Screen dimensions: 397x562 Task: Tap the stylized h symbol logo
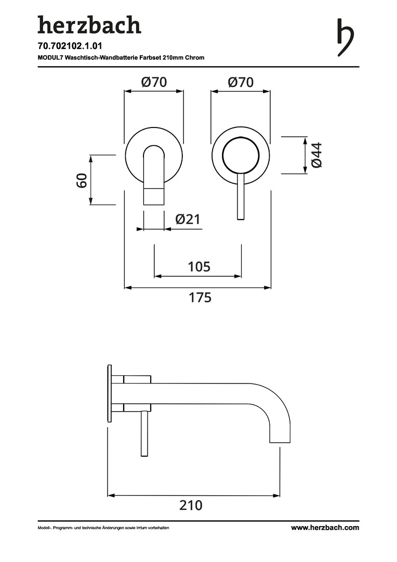346,37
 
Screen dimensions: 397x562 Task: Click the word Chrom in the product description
195,57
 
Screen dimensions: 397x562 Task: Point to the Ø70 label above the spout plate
154,82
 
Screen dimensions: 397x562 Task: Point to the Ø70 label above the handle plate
241,82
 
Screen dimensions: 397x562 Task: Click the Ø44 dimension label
317,155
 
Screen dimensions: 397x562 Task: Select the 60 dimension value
82,180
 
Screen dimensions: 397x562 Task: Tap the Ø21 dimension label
188,219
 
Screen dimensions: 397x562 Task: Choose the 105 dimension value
199,266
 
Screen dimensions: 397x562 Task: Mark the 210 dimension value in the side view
191,505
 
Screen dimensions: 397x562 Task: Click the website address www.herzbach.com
325,528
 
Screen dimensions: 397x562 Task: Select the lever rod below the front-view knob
241,196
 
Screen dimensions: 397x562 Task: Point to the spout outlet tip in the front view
154,196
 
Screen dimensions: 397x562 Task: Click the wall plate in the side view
110,393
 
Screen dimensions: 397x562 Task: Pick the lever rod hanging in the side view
144,433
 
